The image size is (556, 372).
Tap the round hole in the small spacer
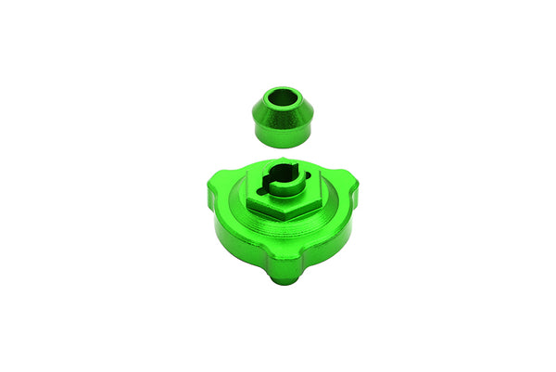(x=282, y=96)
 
